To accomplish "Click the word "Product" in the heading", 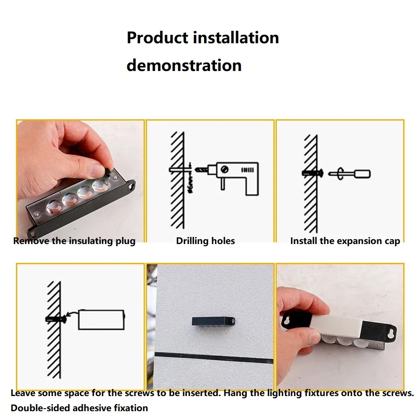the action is coord(157,37).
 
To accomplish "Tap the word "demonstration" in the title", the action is coord(184,65).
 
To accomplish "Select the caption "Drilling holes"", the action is coord(205,241).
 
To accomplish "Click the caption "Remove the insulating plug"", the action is coord(74,241).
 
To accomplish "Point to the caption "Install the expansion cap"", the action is coord(345,241).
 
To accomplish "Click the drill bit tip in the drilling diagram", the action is coord(196,170).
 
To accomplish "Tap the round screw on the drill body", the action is coord(224,170).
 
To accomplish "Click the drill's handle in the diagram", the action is coord(252,186).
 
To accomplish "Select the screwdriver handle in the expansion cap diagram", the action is coord(362,174).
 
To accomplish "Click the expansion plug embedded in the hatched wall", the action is coord(312,173).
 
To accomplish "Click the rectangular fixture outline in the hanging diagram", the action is coord(101,320).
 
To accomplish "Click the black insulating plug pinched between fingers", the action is coord(108,171).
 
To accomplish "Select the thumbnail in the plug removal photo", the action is coord(95,171).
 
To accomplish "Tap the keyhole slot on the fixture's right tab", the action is coord(391,332).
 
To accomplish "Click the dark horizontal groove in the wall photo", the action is coord(214,358).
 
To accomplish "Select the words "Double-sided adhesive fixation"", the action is coord(79,408).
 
